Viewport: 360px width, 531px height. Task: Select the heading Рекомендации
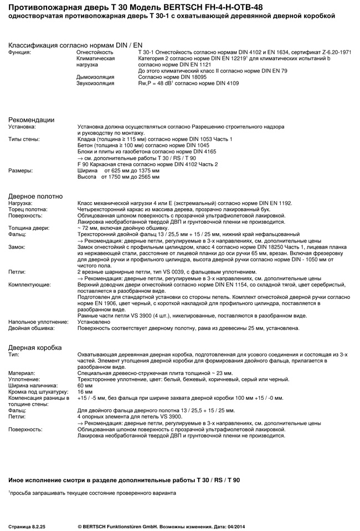pyautogui.click(x=31, y=120)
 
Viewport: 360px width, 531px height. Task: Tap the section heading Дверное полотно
pyautogui.click(x=35, y=196)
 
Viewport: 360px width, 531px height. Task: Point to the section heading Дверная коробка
pyautogui.click(x=35, y=347)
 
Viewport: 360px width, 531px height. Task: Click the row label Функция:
pyautogui.click(x=19, y=51)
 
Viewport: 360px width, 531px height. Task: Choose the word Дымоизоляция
pyautogui.click(x=95, y=77)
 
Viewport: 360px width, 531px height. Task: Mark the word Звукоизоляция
pyautogui.click(x=95, y=83)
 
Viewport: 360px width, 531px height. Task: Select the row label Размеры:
pyautogui.click(x=20, y=171)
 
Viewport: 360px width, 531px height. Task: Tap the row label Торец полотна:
pyautogui.click(x=28, y=209)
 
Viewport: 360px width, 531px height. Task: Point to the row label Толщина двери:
pyautogui.click(x=29, y=228)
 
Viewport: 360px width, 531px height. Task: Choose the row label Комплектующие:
pyautogui.click(x=29, y=285)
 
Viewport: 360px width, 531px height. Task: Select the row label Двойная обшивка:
pyautogui.click(x=32, y=328)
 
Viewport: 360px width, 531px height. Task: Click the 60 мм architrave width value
pyautogui.click(x=85, y=385)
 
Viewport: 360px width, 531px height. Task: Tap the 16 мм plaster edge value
pyautogui.click(x=85, y=391)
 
